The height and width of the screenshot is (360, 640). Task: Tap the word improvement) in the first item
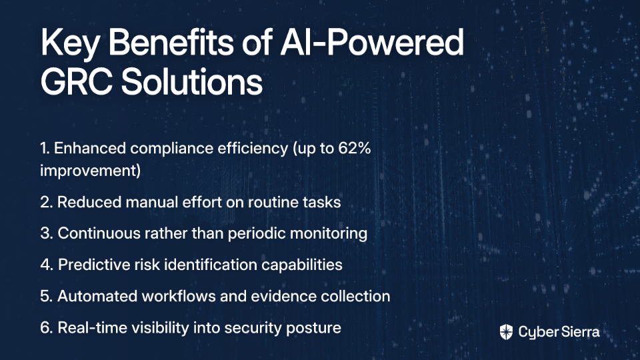click(90, 171)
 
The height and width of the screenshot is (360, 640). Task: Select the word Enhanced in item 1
click(90, 148)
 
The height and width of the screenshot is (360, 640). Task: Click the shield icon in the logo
click(506, 332)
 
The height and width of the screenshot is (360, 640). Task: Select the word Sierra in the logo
click(579, 331)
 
